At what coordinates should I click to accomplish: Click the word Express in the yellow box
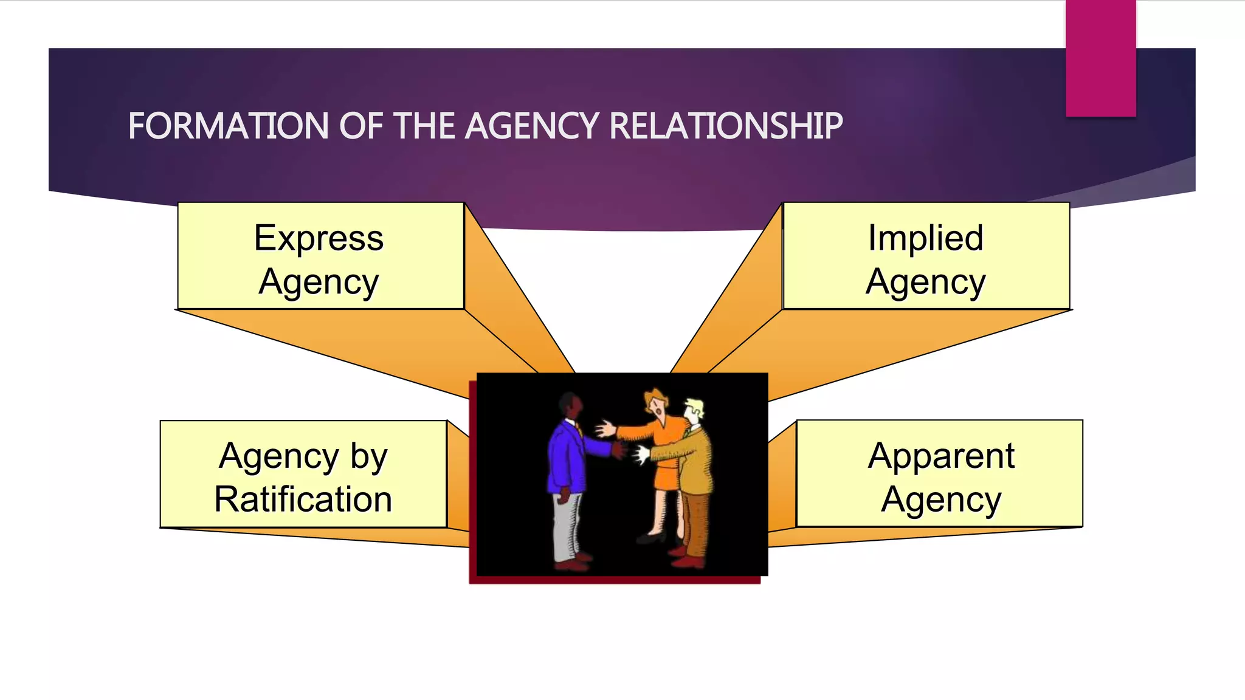click(319, 238)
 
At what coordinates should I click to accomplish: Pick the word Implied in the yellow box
click(925, 238)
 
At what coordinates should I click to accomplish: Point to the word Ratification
click(303, 499)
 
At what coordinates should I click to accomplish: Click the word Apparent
click(940, 456)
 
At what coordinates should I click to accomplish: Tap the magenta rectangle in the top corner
click(1100, 58)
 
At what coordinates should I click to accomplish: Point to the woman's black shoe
click(650, 537)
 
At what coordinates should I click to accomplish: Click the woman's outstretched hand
click(605, 429)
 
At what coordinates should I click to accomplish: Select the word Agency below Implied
click(925, 283)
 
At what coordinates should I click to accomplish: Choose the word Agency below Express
click(319, 283)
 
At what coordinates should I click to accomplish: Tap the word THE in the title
click(426, 126)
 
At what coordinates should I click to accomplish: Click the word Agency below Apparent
click(940, 501)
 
